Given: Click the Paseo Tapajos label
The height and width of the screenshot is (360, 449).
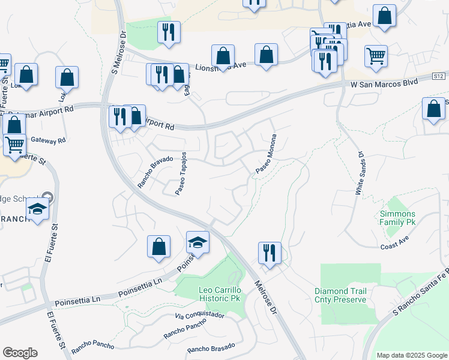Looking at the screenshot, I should pos(182,173).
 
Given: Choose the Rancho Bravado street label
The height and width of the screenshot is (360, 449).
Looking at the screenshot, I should pos(155,172).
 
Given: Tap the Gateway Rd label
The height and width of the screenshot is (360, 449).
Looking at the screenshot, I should pos(48,140).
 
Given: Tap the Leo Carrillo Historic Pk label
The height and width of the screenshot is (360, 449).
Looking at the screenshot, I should pos(219,294).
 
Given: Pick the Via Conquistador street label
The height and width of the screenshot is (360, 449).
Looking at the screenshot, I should pos(200,315).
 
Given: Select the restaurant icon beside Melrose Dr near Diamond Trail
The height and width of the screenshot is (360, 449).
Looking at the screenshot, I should pos(270,252).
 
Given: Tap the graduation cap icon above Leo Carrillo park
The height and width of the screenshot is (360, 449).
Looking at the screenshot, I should pos(197,242).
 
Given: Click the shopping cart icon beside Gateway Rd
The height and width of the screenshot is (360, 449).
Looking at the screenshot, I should pos(15,144).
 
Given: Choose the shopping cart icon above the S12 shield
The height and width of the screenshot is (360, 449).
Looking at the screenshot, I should pos(376,56).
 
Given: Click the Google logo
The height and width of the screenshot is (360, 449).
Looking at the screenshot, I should pos(20,353).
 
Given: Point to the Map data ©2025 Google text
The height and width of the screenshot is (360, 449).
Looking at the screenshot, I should pos(411,355).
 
